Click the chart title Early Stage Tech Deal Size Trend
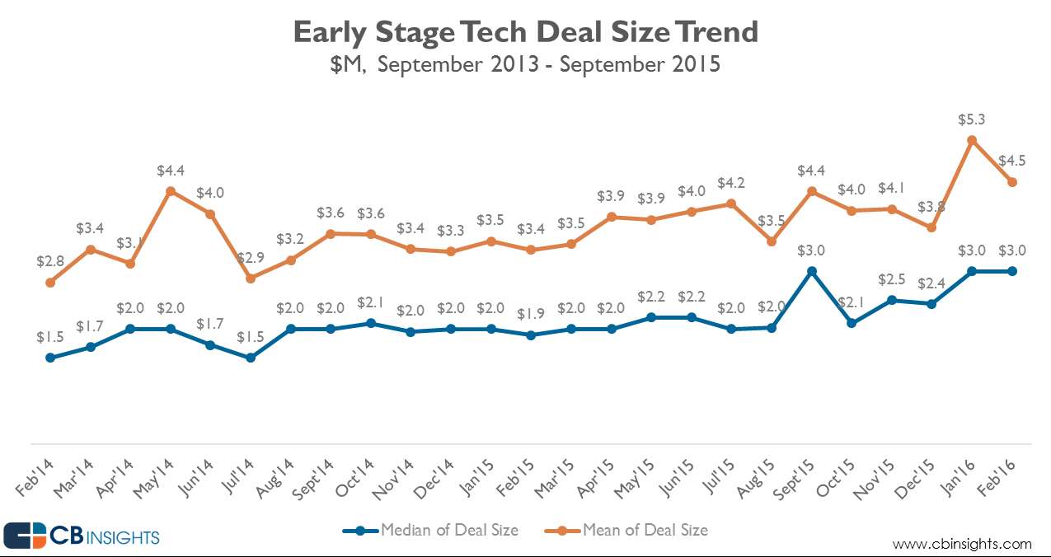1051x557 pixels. click(525, 32)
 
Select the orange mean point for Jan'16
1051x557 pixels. click(972, 140)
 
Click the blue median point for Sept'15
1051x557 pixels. click(811, 271)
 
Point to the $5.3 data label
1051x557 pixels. click(972, 119)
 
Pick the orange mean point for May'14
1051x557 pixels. click(171, 191)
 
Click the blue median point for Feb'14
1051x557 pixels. click(50, 358)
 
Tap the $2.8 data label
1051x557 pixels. click(50, 261)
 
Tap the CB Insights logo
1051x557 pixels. click(82, 536)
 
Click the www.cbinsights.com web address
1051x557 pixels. click(962, 544)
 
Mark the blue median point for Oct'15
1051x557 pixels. click(852, 323)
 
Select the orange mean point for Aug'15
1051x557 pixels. click(772, 241)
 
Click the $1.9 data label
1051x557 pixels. click(531, 314)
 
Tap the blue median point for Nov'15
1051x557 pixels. click(891, 300)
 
